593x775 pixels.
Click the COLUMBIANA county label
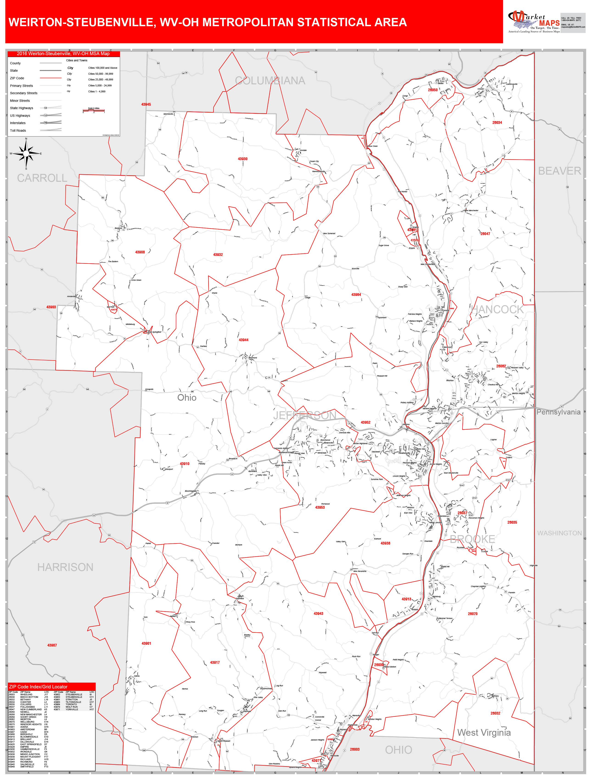pyautogui.click(x=270, y=81)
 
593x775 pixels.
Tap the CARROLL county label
pyautogui.click(x=42, y=178)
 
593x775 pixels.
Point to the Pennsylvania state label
pyautogui.click(x=558, y=412)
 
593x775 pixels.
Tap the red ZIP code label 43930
pyautogui.click(x=242, y=159)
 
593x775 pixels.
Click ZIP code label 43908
pyautogui.click(x=140, y=252)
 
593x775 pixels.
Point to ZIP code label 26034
pyautogui.click(x=497, y=122)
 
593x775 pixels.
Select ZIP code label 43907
pyautogui.click(x=52, y=645)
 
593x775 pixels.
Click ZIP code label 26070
pyautogui.click(x=473, y=614)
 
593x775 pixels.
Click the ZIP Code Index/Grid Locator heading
pyautogui.click(x=38, y=687)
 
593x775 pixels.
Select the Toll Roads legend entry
pyautogui.click(x=18, y=131)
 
